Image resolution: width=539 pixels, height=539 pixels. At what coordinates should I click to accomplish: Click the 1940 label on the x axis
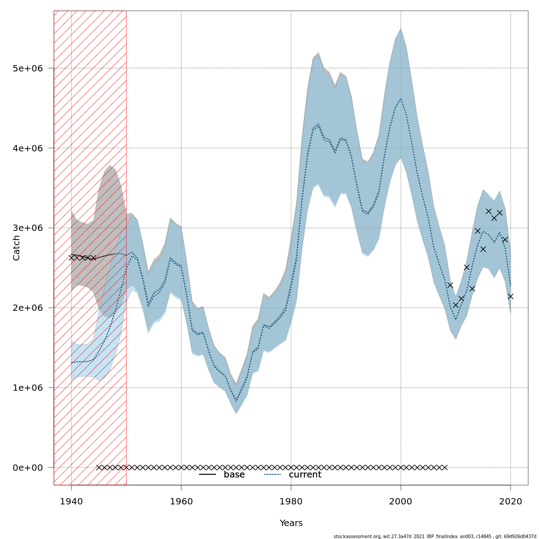[x=71, y=501]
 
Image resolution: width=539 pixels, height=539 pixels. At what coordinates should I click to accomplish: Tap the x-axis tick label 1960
[x=181, y=501]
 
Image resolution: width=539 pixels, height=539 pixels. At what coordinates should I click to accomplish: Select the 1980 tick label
[x=291, y=501]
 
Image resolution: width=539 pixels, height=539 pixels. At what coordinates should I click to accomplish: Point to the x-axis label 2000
[x=401, y=501]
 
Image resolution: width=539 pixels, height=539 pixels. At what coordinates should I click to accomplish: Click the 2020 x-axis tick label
[x=510, y=501]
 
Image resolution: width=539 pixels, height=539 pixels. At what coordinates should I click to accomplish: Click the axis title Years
[x=291, y=523]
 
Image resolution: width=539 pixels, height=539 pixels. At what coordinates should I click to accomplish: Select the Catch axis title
[x=17, y=248]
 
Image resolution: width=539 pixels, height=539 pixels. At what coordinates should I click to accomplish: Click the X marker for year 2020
[x=510, y=296]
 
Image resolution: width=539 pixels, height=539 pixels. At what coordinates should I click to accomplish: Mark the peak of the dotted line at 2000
[x=401, y=99]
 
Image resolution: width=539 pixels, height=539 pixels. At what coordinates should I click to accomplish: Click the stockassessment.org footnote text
[x=434, y=536]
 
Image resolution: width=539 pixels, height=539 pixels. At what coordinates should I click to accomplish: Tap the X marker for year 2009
[x=450, y=285]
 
